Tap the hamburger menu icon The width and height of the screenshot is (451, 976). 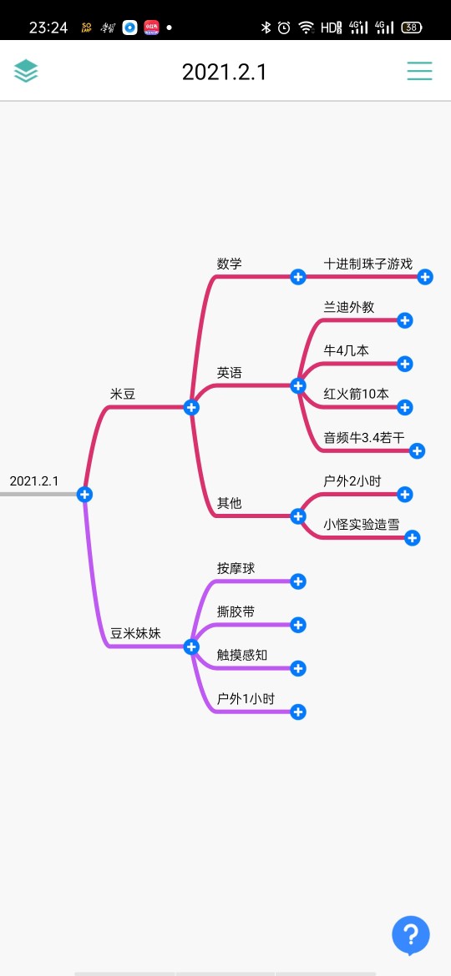(419, 71)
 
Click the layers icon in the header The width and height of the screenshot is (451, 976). (26, 71)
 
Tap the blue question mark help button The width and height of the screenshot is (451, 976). (411, 935)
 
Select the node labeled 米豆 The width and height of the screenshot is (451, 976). (123, 394)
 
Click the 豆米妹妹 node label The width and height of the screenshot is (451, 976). (136, 634)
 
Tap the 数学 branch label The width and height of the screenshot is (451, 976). (229, 264)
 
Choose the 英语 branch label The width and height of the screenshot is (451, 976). (229, 373)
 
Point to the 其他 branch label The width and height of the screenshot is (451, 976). (229, 503)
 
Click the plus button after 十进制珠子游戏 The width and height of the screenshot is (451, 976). (425, 277)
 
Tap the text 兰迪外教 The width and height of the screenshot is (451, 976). (349, 307)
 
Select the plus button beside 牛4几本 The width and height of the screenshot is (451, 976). (405, 364)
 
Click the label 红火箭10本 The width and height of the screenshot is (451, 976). (356, 394)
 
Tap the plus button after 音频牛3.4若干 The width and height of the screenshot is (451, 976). (418, 450)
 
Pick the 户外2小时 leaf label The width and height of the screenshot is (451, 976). (352, 481)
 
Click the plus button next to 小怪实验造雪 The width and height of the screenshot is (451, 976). (413, 538)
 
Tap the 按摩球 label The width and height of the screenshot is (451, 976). (236, 568)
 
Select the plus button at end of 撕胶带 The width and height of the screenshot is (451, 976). (298, 625)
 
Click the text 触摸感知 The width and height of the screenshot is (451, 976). (242, 655)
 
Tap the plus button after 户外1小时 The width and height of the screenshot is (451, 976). (298, 712)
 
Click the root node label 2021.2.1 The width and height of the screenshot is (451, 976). (34, 481)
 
